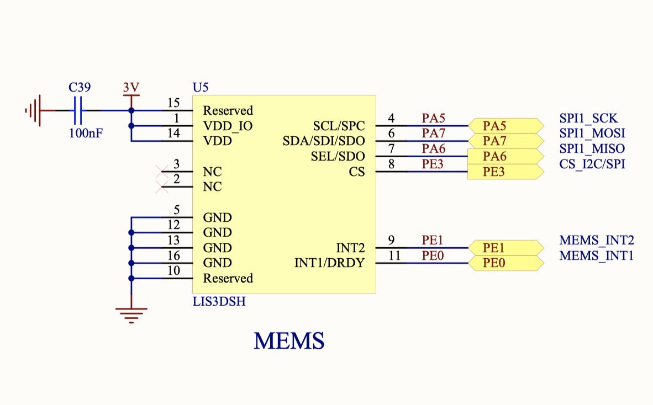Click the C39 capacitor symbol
(x=78, y=110)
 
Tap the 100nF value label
(x=86, y=133)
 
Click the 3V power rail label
(x=131, y=88)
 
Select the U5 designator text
(x=201, y=88)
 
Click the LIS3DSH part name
(x=219, y=302)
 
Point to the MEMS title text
(x=289, y=341)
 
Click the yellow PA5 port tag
(x=505, y=126)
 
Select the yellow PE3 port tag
(x=505, y=172)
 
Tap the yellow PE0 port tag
(x=505, y=263)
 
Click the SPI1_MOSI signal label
(x=592, y=133)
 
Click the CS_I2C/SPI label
(x=592, y=164)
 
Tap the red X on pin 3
(x=162, y=172)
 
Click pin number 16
(x=174, y=256)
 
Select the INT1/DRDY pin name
(x=330, y=263)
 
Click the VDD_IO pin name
(x=228, y=126)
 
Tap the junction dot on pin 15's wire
(x=131, y=110)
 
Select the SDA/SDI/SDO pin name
(x=324, y=141)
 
